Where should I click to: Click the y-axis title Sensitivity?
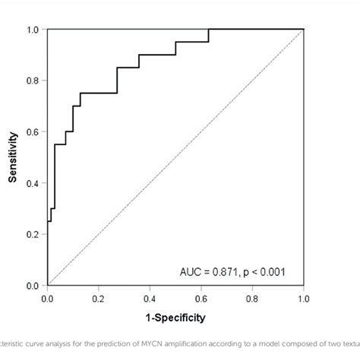tap(13, 158)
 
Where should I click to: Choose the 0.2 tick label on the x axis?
tap(99, 297)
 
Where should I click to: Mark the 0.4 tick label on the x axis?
tap(150, 297)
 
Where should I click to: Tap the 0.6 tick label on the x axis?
tap(201, 297)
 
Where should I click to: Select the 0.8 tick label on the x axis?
tap(252, 297)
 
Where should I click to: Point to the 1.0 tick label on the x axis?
tap(303, 297)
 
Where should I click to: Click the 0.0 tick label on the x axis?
tap(47, 297)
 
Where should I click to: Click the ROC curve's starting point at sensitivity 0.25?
tap(48, 222)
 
